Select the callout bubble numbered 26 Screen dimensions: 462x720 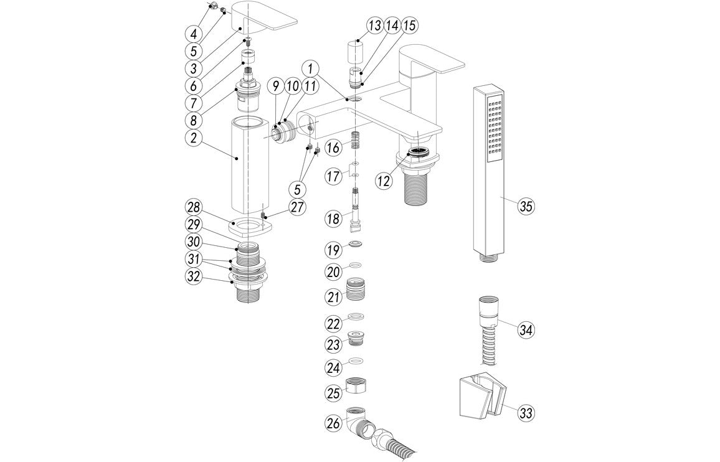click(x=334, y=423)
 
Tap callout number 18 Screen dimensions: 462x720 click(x=334, y=218)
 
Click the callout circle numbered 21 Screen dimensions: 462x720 click(x=334, y=296)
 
